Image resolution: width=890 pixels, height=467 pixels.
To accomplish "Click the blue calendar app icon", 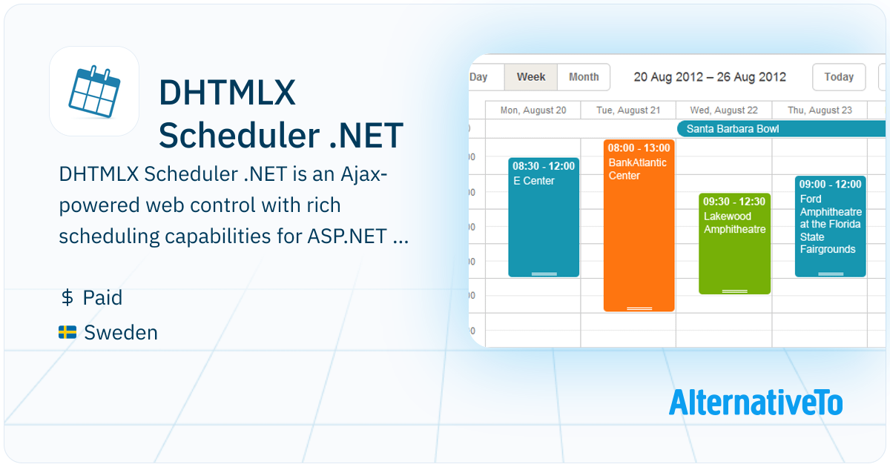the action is coord(94,91).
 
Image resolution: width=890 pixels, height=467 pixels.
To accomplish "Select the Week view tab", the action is coord(531,76).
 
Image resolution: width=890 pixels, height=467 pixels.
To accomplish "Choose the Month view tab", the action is coord(584,76).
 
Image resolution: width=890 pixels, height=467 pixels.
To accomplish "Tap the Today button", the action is coord(839,76).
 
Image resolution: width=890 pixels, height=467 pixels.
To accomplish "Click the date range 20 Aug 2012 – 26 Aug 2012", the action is coord(710,76).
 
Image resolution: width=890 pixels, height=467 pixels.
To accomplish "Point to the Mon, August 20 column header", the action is coord(533,110).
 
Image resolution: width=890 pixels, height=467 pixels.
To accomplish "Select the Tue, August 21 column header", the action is coord(628,110).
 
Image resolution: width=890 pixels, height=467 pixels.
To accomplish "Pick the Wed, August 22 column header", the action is coord(724,110).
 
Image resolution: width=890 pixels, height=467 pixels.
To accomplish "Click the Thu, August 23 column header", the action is coord(820,110).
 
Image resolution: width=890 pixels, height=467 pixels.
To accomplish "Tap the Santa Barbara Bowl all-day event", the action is coord(781,129).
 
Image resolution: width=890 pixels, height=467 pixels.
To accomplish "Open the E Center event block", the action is coord(544,217).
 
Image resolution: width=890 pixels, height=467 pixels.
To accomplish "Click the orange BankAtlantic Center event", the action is coord(639,225).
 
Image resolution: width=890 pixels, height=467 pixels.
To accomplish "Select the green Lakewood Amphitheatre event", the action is coord(735,244).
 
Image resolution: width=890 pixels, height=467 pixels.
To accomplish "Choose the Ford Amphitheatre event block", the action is coord(831,226).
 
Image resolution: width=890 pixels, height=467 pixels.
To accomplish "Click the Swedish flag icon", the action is coord(67,332).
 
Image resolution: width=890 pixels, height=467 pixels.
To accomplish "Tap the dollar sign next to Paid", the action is coord(67,297).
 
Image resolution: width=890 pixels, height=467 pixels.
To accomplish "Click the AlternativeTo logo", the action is coord(756,403).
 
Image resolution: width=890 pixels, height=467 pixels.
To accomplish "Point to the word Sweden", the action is coord(121,332).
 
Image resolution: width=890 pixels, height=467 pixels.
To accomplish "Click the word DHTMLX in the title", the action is coord(227,93).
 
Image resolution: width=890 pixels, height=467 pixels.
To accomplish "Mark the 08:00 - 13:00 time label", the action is coord(639,148).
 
